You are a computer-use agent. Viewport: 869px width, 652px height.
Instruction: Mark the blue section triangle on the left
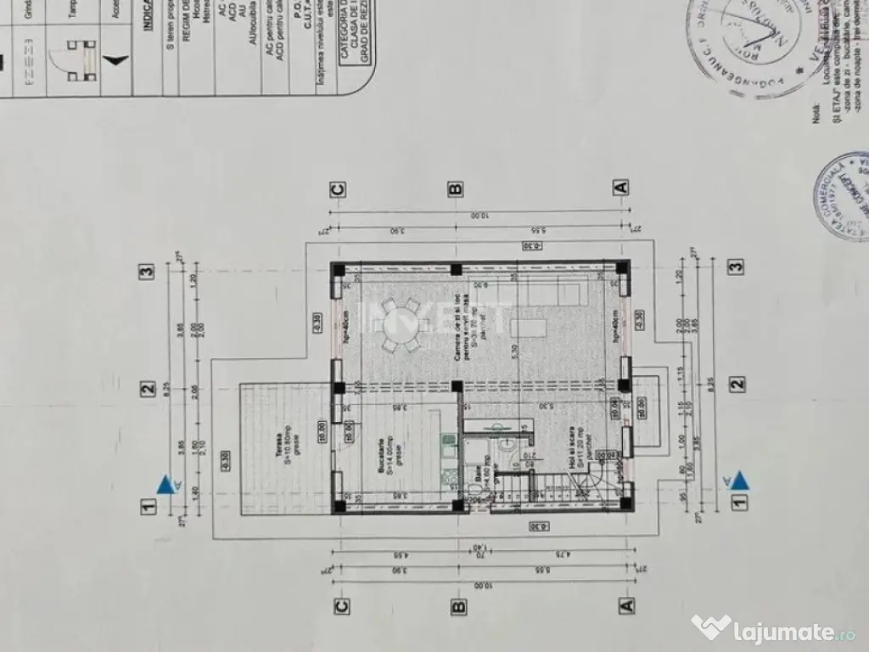click(x=166, y=486)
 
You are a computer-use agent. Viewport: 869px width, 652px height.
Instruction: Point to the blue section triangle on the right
click(x=739, y=481)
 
